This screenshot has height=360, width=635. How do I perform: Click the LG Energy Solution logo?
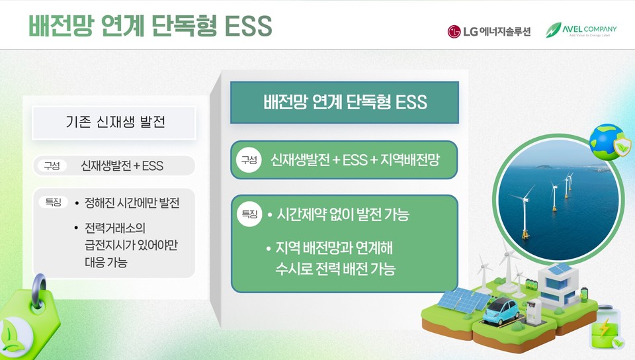tap(489, 31)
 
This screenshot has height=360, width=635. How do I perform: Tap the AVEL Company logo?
tap(581, 30)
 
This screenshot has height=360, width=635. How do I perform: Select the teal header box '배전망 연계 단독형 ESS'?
tap(344, 103)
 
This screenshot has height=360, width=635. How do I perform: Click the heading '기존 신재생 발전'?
tap(115, 122)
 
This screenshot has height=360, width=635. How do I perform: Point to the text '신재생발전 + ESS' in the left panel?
tap(122, 165)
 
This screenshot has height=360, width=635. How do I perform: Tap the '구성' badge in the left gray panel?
tap(52, 165)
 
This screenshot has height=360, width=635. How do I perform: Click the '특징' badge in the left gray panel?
tap(53, 202)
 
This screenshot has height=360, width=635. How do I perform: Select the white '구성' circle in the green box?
tap(249, 160)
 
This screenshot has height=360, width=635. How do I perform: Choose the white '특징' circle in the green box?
tap(249, 214)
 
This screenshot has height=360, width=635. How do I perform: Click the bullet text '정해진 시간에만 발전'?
tap(132, 202)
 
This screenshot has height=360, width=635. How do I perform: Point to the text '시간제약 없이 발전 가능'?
tap(343, 215)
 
